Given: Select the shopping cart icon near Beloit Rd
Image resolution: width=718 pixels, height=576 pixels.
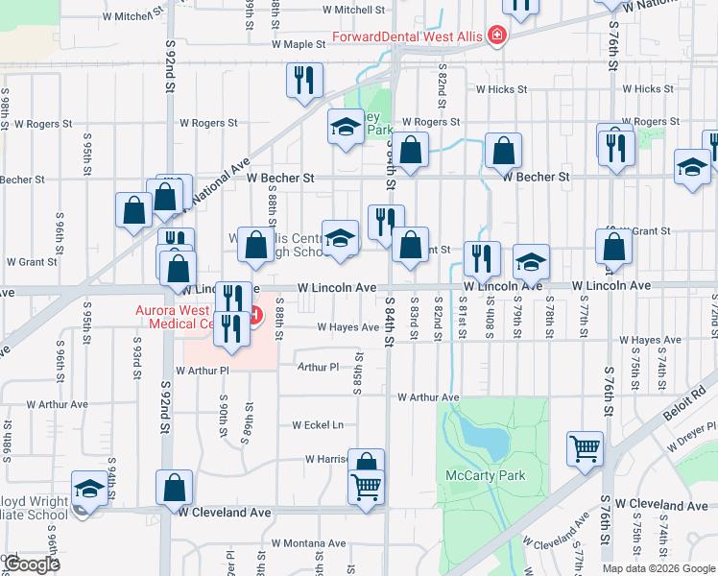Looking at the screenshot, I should [585, 447].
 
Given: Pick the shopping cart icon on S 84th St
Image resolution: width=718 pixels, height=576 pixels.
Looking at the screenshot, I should [367, 488].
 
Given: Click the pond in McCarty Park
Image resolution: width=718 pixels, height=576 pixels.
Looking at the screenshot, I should [485, 438].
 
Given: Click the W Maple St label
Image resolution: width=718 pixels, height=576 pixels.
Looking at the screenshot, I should [299, 44].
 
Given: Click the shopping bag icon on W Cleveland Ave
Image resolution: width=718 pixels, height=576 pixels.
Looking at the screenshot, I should [175, 487].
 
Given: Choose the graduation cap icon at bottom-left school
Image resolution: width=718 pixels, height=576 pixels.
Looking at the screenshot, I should [88, 490].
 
